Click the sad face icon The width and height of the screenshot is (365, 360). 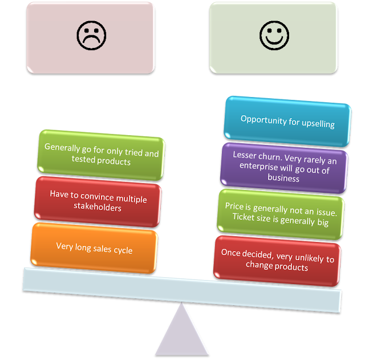(x=91, y=36)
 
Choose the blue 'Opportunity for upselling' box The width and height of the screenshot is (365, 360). (x=287, y=121)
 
